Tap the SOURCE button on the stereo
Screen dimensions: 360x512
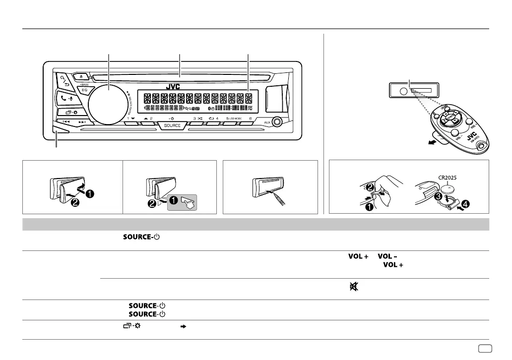tap(172, 125)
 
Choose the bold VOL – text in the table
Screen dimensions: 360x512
tap(389, 256)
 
